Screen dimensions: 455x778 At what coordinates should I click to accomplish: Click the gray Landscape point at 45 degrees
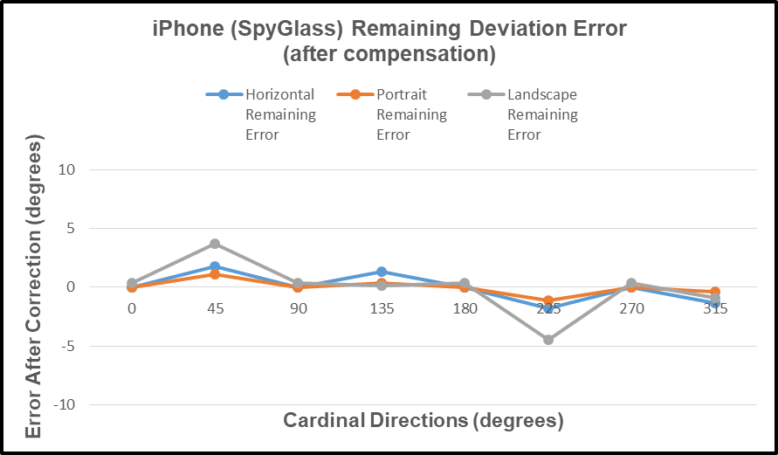pos(215,244)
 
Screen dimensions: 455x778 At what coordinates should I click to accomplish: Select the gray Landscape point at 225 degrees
pos(548,340)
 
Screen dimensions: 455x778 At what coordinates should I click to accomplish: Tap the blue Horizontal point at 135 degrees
pos(382,272)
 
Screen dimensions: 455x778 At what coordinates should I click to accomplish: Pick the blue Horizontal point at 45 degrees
pos(215,266)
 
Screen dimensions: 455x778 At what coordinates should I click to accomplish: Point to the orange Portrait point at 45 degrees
pos(215,274)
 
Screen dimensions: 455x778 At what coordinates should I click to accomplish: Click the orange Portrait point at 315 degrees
pos(715,292)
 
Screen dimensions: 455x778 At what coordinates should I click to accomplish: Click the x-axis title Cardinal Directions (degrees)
pos(423,421)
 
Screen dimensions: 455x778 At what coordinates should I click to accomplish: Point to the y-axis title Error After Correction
pos(33,287)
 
